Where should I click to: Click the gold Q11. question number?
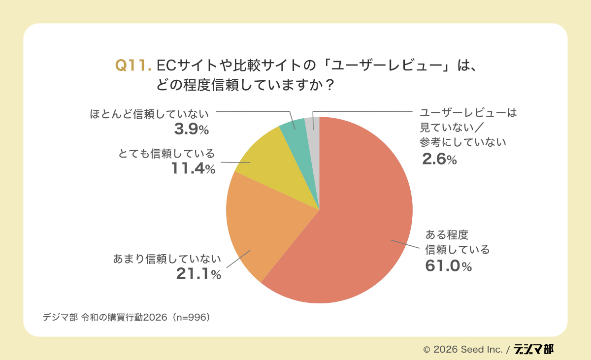tap(131, 65)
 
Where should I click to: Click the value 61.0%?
tap(449, 266)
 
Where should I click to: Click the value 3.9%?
tap(192, 130)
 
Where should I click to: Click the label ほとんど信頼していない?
tap(149, 114)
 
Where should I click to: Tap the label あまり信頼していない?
tap(167, 259)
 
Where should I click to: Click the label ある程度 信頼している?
tap(458, 242)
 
